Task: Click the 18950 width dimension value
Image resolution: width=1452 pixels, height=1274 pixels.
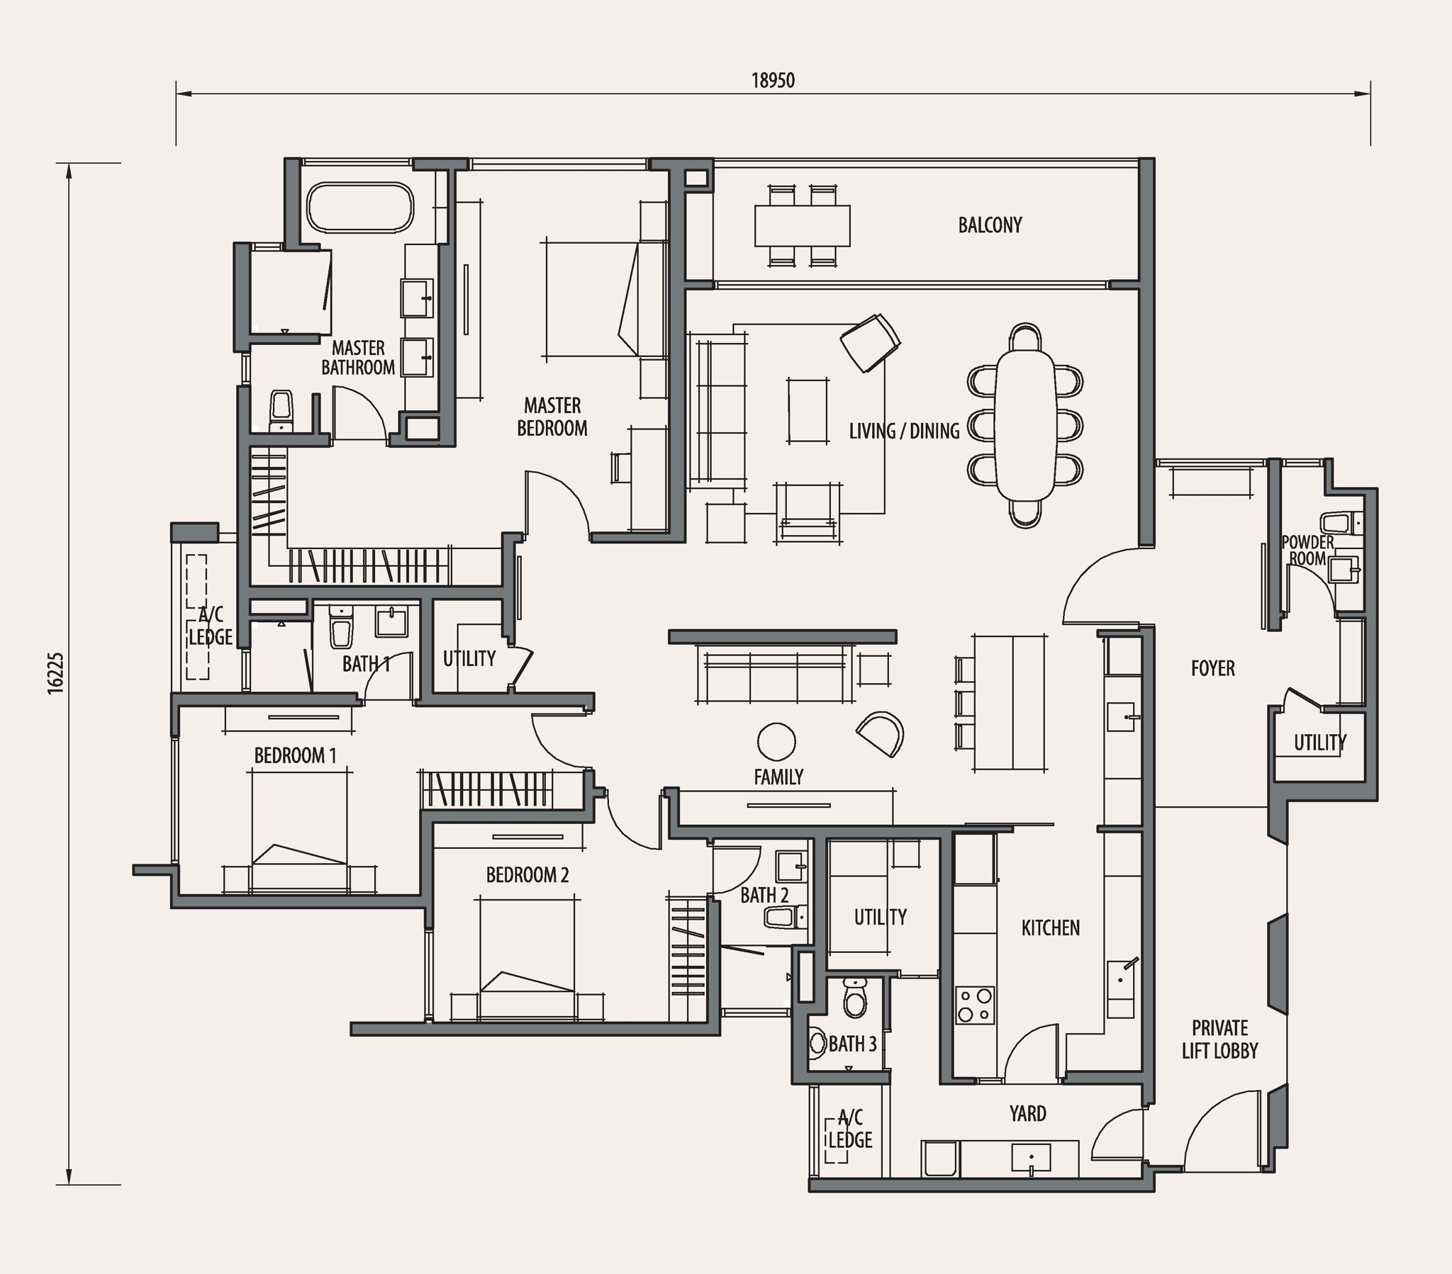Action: pyautogui.click(x=773, y=80)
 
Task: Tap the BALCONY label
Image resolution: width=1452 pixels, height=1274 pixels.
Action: pyautogui.click(x=990, y=225)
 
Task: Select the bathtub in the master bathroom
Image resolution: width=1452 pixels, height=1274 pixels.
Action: pyautogui.click(x=360, y=208)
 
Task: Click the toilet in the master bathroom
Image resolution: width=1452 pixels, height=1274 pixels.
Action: pyautogui.click(x=282, y=410)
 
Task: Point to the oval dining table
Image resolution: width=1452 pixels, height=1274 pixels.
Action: pyautogui.click(x=1025, y=425)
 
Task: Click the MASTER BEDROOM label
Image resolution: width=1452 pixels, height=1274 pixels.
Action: pyautogui.click(x=552, y=417)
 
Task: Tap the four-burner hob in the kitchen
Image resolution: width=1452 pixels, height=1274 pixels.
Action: pyautogui.click(x=976, y=1005)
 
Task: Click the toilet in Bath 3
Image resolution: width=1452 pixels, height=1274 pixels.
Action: pyautogui.click(x=852, y=998)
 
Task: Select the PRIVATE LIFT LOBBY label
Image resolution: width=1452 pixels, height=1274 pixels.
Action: pyautogui.click(x=1219, y=1039)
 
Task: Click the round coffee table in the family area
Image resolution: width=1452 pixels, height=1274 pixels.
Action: pyautogui.click(x=776, y=742)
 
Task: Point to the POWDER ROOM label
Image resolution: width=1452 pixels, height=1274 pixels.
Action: pyautogui.click(x=1308, y=551)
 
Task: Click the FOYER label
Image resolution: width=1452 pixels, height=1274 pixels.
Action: pyautogui.click(x=1212, y=668)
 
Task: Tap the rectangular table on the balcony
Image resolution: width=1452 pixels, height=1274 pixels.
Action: pyautogui.click(x=803, y=225)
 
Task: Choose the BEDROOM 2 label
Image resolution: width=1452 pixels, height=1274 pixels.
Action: pyautogui.click(x=527, y=875)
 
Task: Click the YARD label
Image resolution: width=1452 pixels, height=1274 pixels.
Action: pyautogui.click(x=1027, y=1113)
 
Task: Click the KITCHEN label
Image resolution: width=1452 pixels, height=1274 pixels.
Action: pyautogui.click(x=1050, y=928)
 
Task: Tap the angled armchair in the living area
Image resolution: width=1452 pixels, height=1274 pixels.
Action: pyautogui.click(x=870, y=342)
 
